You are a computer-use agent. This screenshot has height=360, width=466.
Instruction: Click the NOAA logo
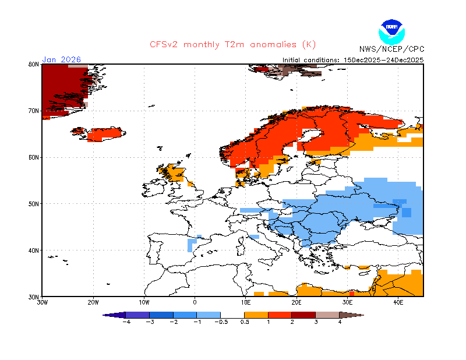pyautogui.click(x=391, y=30)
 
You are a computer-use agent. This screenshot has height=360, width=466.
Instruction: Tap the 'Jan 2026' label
pyautogui.click(x=61, y=59)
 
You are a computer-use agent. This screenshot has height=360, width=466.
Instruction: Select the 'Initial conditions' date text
pyautogui.click(x=353, y=59)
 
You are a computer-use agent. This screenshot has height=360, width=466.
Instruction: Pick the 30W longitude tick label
pyautogui.click(x=43, y=303)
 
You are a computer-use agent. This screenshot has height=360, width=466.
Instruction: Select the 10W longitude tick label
pyautogui.click(x=144, y=303)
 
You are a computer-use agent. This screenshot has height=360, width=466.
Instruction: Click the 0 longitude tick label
pyautogui.click(x=195, y=303)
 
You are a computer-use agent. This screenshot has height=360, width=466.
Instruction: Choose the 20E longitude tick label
pyautogui.click(x=296, y=303)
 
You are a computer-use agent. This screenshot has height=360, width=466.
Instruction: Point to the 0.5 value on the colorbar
pyautogui.click(x=245, y=322)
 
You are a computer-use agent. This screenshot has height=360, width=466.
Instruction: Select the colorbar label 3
pyautogui.click(x=316, y=322)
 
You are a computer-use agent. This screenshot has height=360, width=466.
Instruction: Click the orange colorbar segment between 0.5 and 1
pyautogui.click(x=256, y=315)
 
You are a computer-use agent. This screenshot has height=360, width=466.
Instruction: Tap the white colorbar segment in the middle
pyautogui.click(x=232, y=315)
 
